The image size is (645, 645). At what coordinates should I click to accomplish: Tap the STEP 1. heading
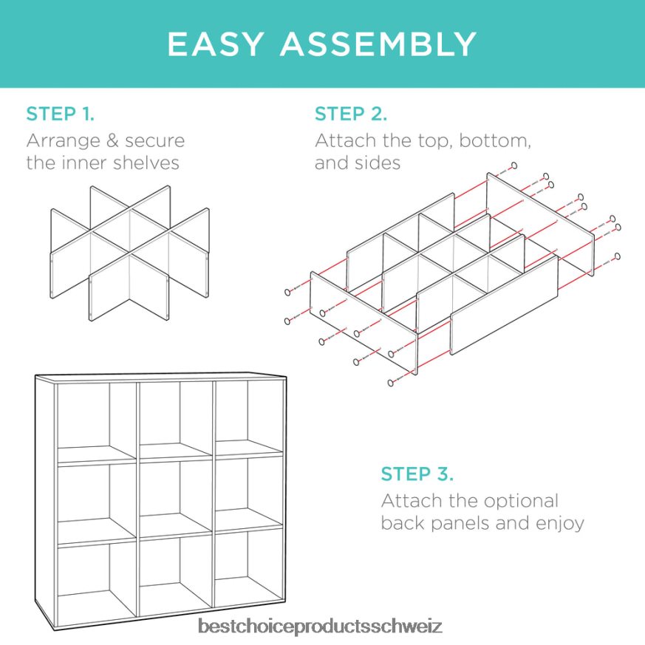click(x=61, y=114)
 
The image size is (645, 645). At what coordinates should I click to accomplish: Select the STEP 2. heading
click(x=351, y=114)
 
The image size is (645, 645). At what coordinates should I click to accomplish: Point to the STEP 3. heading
click(x=417, y=474)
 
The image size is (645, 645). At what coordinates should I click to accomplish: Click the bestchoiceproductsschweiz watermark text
click(x=320, y=627)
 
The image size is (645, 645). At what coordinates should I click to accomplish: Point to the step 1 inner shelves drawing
click(x=130, y=251)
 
